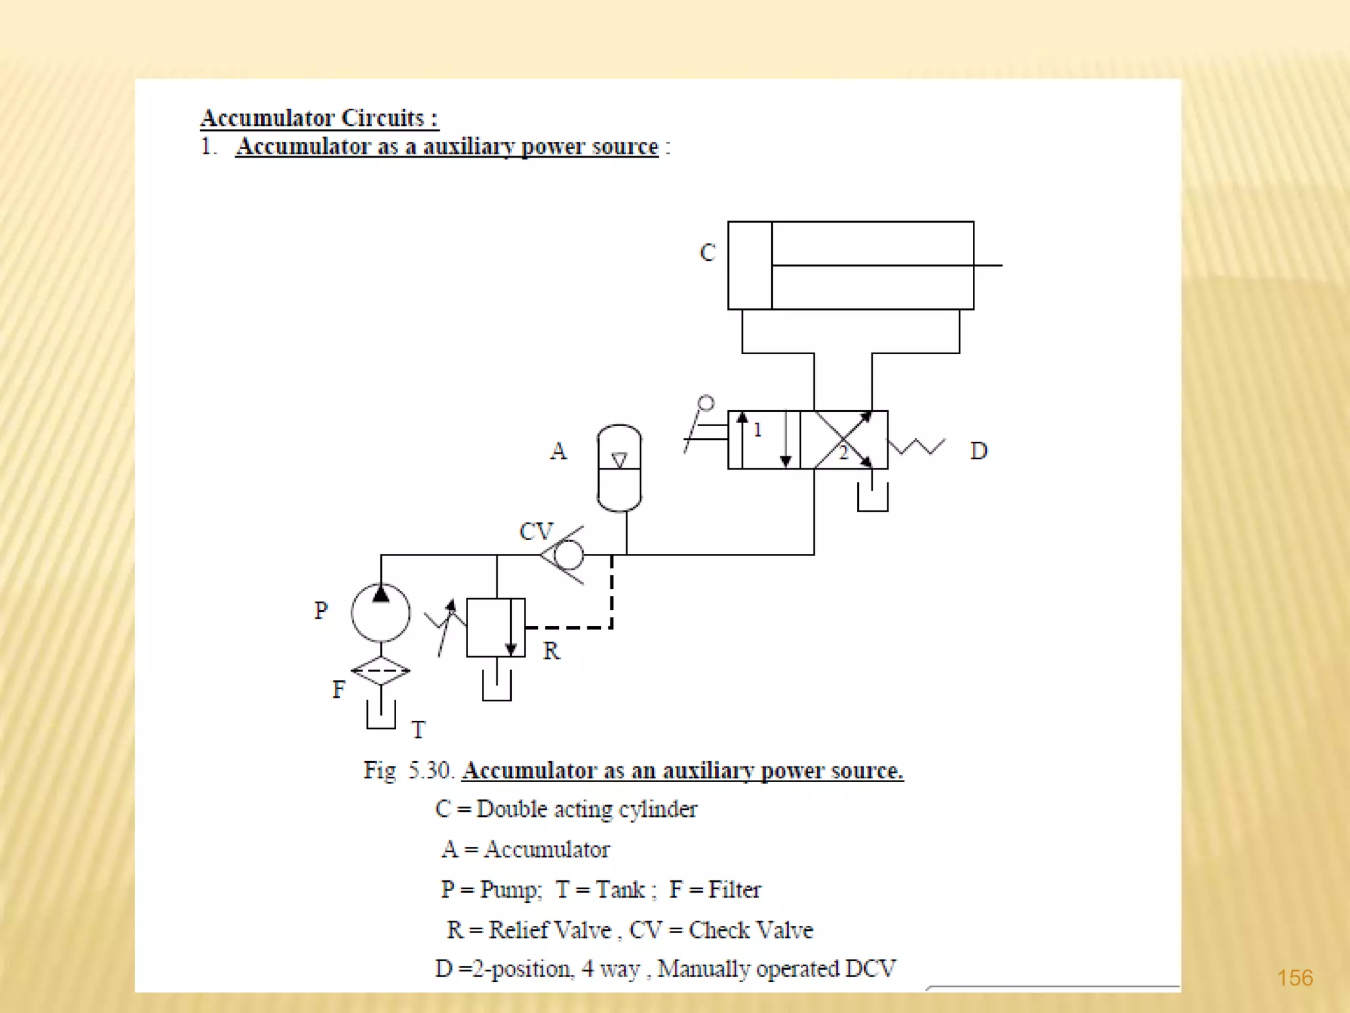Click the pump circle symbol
point(380,613)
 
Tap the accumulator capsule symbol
point(619,468)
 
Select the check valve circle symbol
point(569,555)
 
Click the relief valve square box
point(496,627)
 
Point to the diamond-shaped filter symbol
point(380,671)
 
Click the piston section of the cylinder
point(750,265)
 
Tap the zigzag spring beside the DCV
point(917,446)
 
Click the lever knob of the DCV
point(706,403)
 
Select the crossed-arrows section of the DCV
point(844,440)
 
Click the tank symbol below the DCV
point(873,498)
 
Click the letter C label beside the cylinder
point(707,253)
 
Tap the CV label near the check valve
point(536,532)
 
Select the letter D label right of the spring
point(979,451)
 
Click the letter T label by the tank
point(419,730)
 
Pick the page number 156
point(1295,977)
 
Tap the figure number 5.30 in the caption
point(429,770)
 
